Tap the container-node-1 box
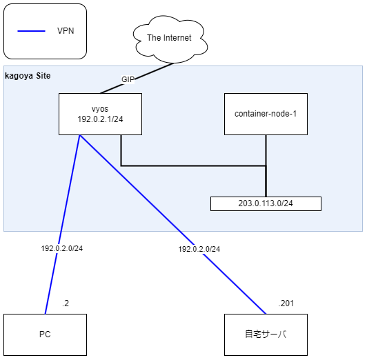coord(266,114)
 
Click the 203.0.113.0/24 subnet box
coord(266,203)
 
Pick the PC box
coord(45,334)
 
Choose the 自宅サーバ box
coord(266,334)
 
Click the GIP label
coord(128,79)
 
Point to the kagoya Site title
coord(28,74)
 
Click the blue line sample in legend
coord(31,32)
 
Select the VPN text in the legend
coord(66,32)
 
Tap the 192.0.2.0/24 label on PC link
coord(61,249)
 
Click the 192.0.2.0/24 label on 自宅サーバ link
coord(199,249)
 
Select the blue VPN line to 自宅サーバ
coord(235,283)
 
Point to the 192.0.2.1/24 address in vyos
coord(100,119)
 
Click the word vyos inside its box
coord(100,109)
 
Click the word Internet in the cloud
coord(178,37)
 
